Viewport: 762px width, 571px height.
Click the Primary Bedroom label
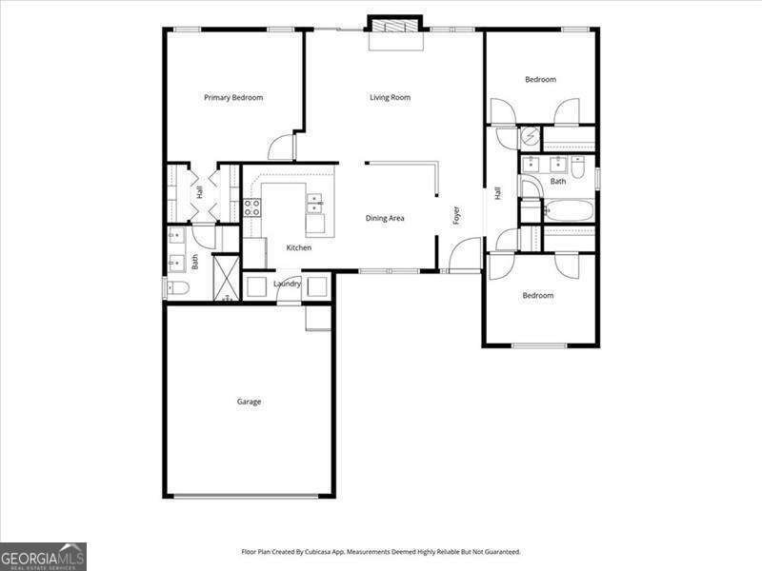pyautogui.click(x=233, y=97)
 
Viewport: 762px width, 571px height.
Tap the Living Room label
pyautogui.click(x=391, y=97)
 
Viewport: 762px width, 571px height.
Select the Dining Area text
pyautogui.click(x=385, y=218)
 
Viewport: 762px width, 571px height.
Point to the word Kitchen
pyautogui.click(x=299, y=247)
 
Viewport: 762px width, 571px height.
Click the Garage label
pyautogui.click(x=249, y=402)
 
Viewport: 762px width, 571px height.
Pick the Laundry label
pyautogui.click(x=287, y=284)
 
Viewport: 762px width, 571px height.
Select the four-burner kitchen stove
pyautogui.click(x=252, y=207)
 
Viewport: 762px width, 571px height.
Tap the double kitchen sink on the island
pyautogui.click(x=314, y=203)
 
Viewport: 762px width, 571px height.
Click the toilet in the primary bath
pyautogui.click(x=178, y=287)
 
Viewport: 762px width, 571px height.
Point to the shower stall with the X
pyautogui.click(x=227, y=278)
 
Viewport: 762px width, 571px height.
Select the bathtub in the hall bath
pyautogui.click(x=569, y=210)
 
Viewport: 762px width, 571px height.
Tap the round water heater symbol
pyautogui.click(x=531, y=139)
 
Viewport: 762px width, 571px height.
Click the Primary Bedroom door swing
pyautogui.click(x=281, y=148)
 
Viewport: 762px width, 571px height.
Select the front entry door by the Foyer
pyautogui.click(x=466, y=255)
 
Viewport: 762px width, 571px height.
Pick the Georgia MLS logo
pyautogui.click(x=43, y=556)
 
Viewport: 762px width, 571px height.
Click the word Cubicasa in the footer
pyautogui.click(x=325, y=552)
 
